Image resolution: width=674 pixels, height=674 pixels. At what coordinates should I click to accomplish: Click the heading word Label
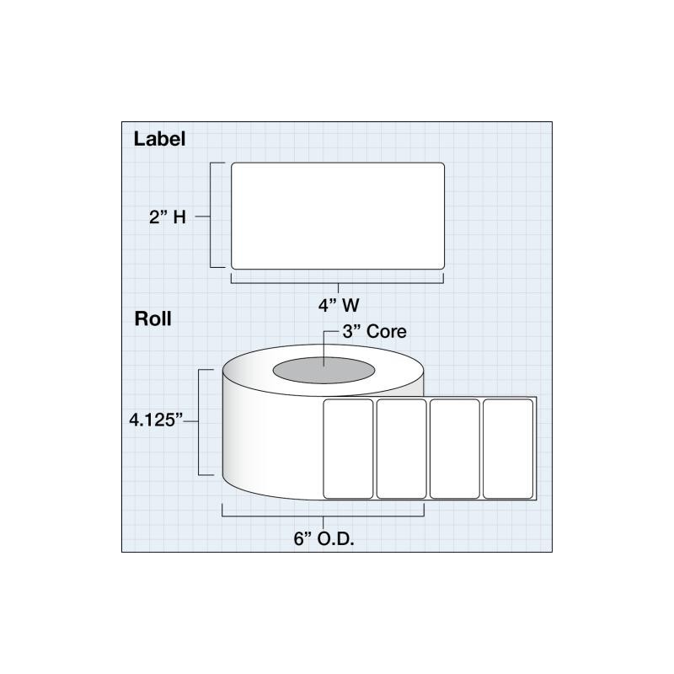pyautogui.click(x=159, y=139)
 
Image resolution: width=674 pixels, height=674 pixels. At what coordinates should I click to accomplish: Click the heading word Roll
pyautogui.click(x=152, y=318)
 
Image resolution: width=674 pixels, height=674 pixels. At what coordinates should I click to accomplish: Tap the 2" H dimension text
pyautogui.click(x=168, y=217)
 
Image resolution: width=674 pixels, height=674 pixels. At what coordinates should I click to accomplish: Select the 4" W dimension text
pyautogui.click(x=339, y=305)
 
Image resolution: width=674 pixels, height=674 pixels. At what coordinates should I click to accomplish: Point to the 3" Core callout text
pyautogui.click(x=374, y=331)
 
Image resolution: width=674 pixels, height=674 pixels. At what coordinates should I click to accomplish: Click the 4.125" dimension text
pyautogui.click(x=156, y=420)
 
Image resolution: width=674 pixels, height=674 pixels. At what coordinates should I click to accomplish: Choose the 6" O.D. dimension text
pyautogui.click(x=324, y=538)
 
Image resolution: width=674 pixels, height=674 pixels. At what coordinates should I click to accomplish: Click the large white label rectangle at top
pyautogui.click(x=338, y=216)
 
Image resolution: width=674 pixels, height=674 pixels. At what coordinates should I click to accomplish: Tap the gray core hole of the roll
pyautogui.click(x=324, y=370)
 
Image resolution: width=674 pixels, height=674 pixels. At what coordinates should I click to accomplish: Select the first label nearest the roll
pyautogui.click(x=348, y=449)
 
